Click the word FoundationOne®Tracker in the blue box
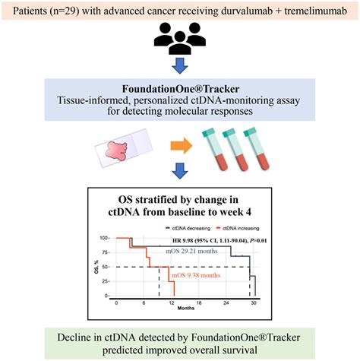tap(180, 89)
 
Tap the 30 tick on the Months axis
tap(254, 302)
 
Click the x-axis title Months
tap(185, 309)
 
